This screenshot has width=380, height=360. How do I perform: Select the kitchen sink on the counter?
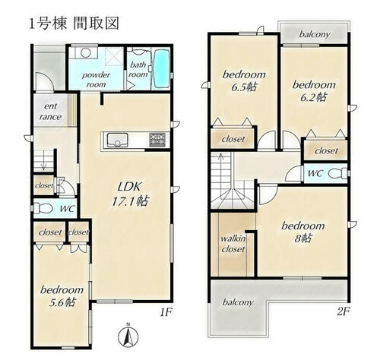(118, 140)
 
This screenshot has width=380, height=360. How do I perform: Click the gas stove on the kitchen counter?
(157, 140)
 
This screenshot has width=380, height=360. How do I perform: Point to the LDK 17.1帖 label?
(130, 194)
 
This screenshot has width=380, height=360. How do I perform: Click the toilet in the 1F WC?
(43, 208)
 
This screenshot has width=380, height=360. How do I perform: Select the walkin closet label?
(233, 244)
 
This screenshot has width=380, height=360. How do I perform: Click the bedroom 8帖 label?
(303, 232)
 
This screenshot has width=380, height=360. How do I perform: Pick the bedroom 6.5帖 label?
(244, 81)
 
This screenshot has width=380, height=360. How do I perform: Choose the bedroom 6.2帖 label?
(314, 91)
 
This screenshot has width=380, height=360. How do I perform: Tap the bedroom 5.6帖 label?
(62, 296)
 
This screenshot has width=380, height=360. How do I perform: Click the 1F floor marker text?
(166, 312)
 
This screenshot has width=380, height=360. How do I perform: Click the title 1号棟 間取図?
(74, 24)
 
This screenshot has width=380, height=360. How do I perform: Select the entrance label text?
(51, 112)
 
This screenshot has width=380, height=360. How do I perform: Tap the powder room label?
(96, 80)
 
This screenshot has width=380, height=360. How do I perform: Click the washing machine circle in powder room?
(86, 53)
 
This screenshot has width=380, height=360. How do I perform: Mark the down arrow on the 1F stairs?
(43, 160)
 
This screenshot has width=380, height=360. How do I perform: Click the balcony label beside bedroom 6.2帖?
(315, 34)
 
